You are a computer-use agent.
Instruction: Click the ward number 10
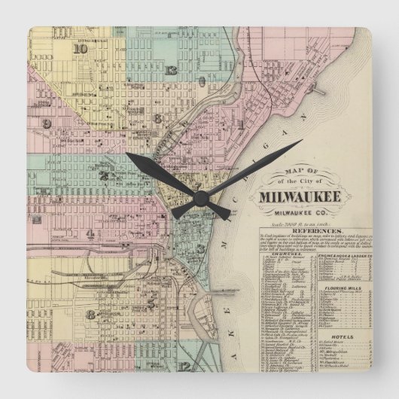pyautogui.click(x=81, y=50)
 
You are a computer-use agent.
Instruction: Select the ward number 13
pyautogui.click(x=172, y=71)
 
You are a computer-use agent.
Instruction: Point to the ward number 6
pyautogui.click(x=157, y=118)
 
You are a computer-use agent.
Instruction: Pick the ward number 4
pyautogui.click(x=90, y=234)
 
